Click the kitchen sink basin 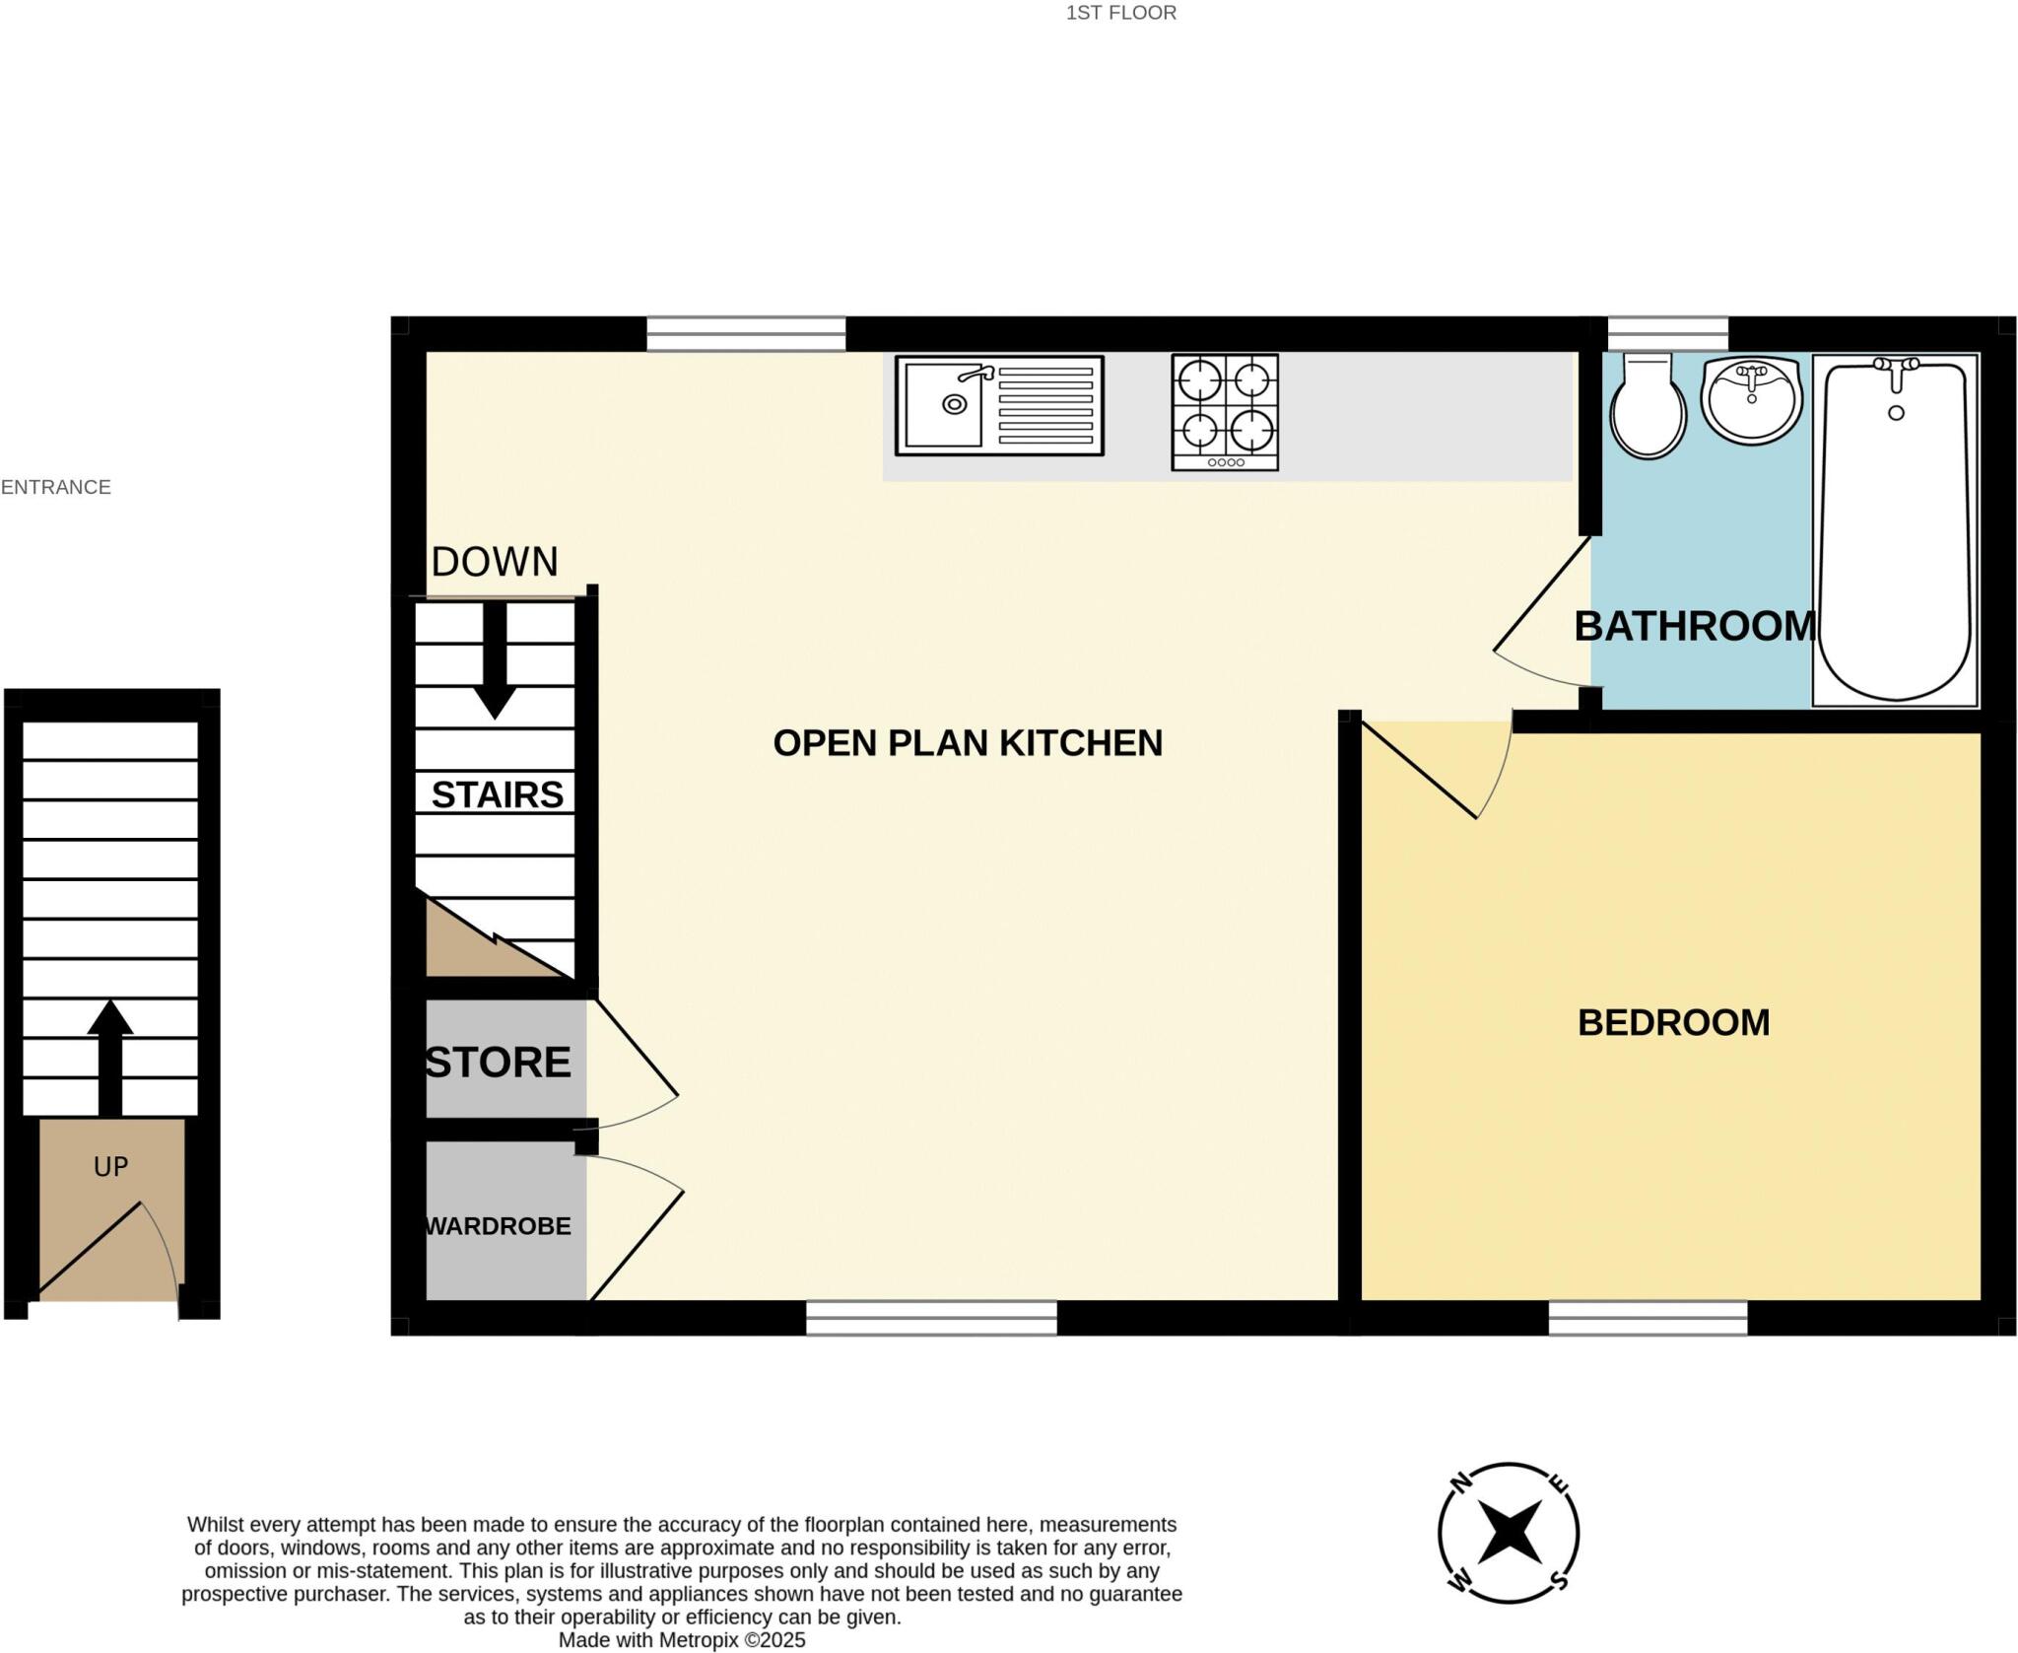(x=944, y=404)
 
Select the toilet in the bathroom (x=1648, y=407)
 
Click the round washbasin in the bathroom (x=1751, y=400)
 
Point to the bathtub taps (x=1895, y=370)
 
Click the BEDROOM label (x=1673, y=1022)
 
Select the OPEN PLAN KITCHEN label (x=967, y=742)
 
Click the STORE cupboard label (x=499, y=1062)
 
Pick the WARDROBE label (x=499, y=1226)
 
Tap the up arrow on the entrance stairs (x=110, y=1055)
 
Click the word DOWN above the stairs (x=495, y=562)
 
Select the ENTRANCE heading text (x=56, y=487)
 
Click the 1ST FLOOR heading (x=1120, y=13)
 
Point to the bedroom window (x=1648, y=1318)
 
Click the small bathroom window (x=1667, y=332)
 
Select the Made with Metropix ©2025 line (x=682, y=1640)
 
